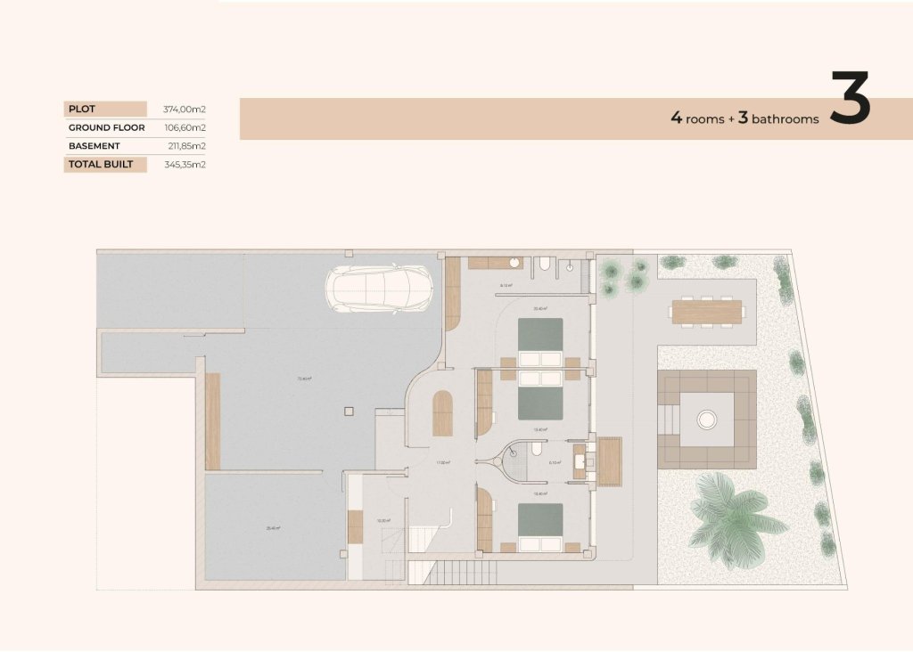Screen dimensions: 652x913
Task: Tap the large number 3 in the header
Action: point(850,99)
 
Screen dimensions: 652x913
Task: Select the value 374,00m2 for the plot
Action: point(185,110)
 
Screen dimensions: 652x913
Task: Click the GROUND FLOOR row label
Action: point(106,127)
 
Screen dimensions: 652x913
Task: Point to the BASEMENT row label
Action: point(94,146)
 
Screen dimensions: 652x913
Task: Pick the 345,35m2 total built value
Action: point(185,165)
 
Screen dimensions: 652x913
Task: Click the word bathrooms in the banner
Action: point(785,118)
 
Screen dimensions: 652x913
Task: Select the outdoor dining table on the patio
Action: point(707,312)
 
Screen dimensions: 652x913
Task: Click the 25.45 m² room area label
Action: point(273,528)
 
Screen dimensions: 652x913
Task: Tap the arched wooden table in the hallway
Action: point(442,413)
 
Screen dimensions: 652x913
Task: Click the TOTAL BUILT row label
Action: point(101,165)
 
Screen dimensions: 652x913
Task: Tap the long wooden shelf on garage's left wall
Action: point(212,421)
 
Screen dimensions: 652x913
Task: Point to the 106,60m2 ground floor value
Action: point(185,127)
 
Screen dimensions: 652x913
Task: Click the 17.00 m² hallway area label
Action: point(442,463)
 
